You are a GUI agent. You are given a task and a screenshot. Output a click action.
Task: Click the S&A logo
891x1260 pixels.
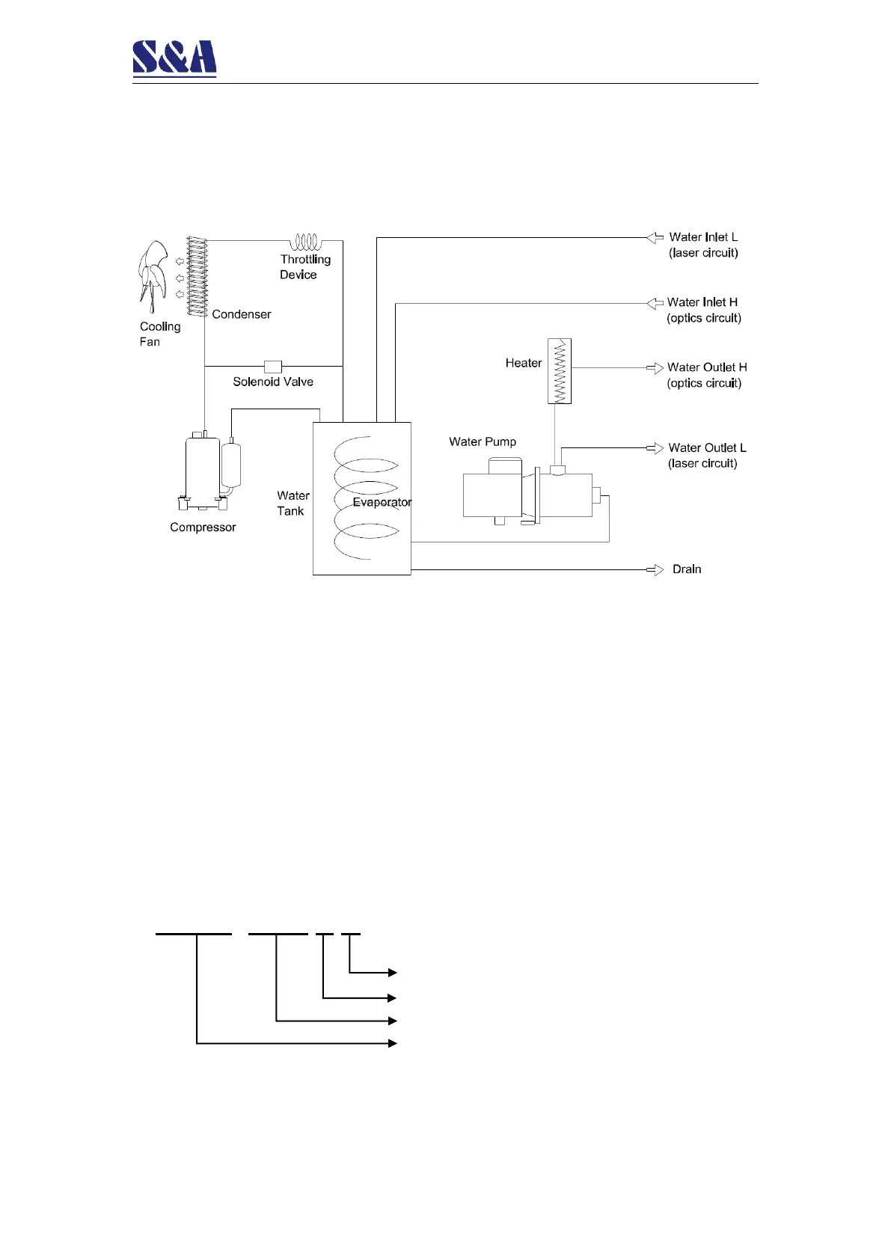point(174,58)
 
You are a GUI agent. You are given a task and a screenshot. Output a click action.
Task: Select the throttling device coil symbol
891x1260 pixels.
point(305,242)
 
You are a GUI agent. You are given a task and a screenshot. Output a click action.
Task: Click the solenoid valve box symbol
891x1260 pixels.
point(273,367)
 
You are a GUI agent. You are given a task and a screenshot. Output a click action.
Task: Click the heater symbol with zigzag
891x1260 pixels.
point(560,371)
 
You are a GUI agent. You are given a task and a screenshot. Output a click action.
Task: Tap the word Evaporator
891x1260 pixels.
point(382,502)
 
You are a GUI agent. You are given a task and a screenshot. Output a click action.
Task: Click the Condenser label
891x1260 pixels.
point(241,314)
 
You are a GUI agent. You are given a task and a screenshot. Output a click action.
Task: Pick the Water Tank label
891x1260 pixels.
point(292,504)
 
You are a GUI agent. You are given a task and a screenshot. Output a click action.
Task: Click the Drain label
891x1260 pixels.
point(687,569)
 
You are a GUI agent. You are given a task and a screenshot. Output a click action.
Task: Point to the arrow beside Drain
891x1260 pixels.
point(655,570)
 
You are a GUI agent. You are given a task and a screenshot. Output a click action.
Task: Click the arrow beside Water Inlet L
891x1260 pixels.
point(655,238)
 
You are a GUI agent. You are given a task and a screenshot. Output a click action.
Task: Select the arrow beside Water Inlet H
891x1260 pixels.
point(655,303)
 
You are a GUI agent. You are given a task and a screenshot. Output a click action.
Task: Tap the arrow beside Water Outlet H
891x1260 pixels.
point(655,368)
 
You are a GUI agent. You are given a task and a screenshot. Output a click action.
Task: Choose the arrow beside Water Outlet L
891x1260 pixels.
point(655,448)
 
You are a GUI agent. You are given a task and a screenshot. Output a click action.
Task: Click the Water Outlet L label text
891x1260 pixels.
point(707,448)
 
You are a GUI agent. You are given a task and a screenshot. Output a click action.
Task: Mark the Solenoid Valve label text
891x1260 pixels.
point(273,382)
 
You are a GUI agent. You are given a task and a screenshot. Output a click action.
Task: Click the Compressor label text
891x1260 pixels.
point(203,527)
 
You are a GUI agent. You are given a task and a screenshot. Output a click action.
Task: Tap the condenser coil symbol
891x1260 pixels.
point(197,277)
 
